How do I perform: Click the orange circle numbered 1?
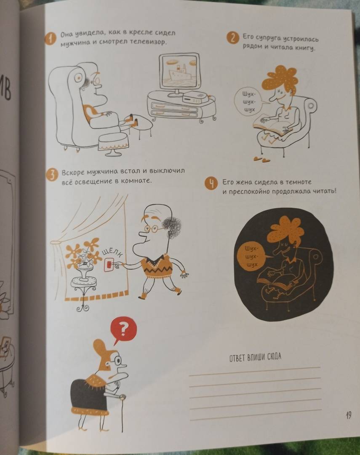[50, 39]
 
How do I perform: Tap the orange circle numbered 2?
[233, 38]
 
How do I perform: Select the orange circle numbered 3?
[52, 176]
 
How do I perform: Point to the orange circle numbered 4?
[211, 184]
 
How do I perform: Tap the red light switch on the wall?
[109, 264]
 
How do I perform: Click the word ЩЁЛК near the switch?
[112, 252]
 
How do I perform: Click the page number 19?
[348, 415]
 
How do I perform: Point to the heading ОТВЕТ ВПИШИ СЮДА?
[255, 357]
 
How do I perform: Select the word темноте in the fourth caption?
[299, 182]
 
